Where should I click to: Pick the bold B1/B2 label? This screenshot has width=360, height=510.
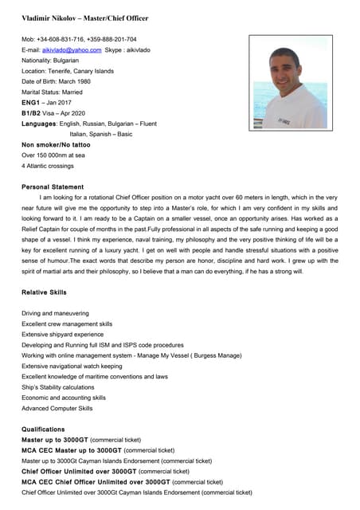point(31,113)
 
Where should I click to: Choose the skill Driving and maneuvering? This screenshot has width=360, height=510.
point(55,313)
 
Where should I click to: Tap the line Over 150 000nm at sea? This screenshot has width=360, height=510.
point(53,155)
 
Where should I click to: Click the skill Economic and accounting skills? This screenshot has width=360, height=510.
point(64,397)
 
